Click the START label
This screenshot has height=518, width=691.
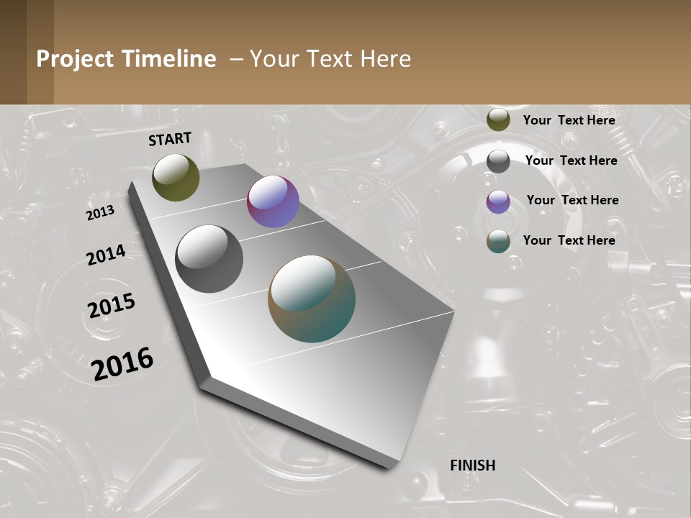[x=170, y=139]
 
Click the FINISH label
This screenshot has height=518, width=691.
[x=473, y=465]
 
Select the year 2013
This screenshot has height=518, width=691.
[x=101, y=213]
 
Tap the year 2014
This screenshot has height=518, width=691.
[x=106, y=255]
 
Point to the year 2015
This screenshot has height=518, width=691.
[x=112, y=306]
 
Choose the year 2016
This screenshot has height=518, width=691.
[x=122, y=363]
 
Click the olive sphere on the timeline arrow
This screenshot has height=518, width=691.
[x=176, y=177]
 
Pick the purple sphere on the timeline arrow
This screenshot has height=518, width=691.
[x=273, y=201]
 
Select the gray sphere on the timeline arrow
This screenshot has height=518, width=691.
[x=209, y=259]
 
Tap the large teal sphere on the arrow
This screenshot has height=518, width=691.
[x=312, y=299]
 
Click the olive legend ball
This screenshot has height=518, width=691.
[x=498, y=120]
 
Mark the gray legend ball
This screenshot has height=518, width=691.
[x=498, y=161]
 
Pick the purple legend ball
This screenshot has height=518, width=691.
[x=498, y=201]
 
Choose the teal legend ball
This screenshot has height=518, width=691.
[x=498, y=241]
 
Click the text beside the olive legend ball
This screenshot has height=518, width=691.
[x=569, y=120]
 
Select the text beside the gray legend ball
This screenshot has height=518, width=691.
[x=571, y=160]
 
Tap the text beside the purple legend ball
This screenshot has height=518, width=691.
[x=572, y=200]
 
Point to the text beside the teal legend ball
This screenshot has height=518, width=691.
[x=569, y=240]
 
